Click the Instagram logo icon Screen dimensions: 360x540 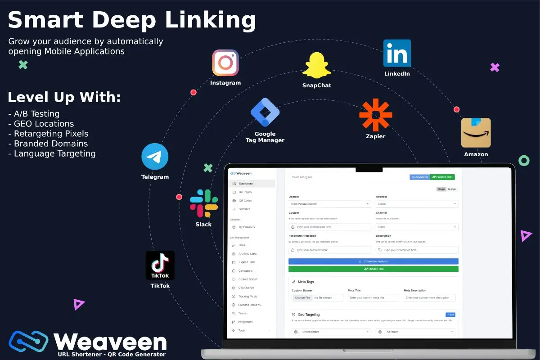point(225,63)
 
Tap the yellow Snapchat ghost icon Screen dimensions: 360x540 point(317,66)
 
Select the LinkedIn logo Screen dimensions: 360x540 point(397,53)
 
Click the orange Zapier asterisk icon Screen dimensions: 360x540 point(376,115)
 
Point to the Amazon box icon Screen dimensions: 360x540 point(476,133)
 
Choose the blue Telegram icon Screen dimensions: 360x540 point(155,157)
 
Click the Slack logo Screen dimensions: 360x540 point(204,203)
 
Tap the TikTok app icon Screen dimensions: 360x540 point(160,265)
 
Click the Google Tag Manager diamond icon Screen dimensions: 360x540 point(265,112)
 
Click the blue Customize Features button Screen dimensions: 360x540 point(373,261)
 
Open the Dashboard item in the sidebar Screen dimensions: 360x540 point(245,184)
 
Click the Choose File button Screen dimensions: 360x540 point(302,298)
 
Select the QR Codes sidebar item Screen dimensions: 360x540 point(245,201)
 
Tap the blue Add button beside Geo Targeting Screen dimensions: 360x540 point(450,315)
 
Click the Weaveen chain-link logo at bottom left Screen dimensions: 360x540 point(28,341)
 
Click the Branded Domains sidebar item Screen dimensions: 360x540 point(249,305)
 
